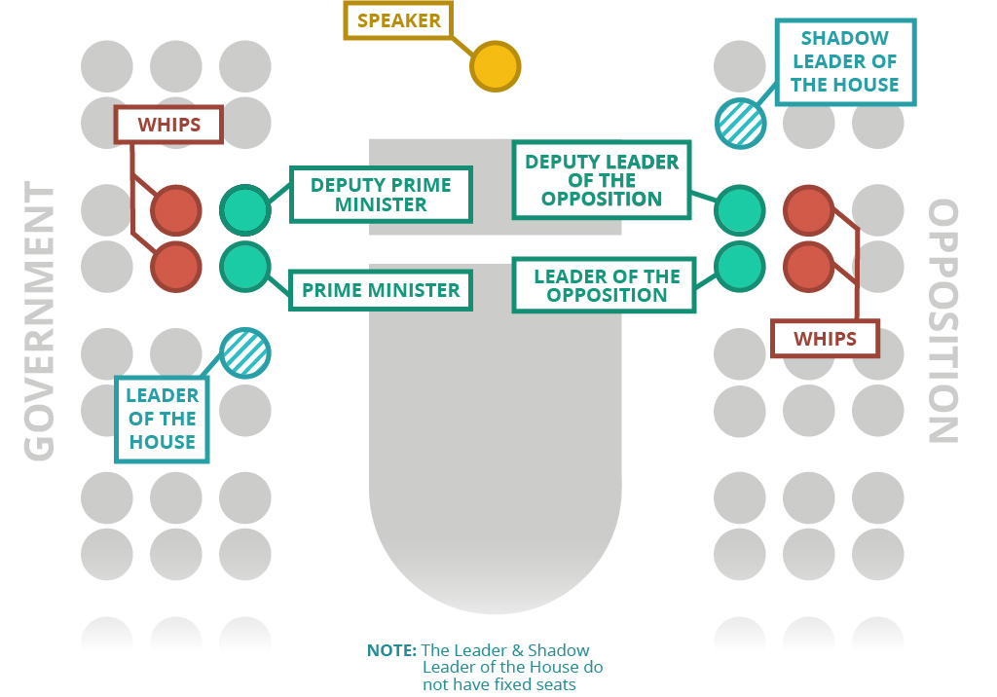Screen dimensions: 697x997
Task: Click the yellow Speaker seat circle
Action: point(496,67)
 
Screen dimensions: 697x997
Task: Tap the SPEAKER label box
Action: point(399,20)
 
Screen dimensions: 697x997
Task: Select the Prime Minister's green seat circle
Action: point(244,266)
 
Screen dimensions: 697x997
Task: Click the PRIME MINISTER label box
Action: point(381,290)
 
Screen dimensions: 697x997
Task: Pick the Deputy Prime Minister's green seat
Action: point(244,209)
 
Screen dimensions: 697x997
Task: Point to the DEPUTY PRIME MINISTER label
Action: point(381,195)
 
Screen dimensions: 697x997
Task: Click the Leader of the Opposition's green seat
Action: point(740,266)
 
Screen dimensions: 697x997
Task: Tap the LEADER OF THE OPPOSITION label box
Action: point(606,285)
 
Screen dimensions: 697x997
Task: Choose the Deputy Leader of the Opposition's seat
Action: point(740,209)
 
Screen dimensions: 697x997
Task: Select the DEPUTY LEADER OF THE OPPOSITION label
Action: point(602,180)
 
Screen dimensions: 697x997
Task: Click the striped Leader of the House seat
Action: point(245,352)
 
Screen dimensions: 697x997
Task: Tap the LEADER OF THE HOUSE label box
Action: point(162,420)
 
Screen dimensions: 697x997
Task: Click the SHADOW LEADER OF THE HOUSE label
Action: point(844,61)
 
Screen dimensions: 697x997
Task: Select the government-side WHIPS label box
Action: point(169,126)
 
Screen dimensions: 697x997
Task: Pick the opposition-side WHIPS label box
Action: point(825,339)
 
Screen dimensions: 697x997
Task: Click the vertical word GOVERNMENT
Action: point(39,321)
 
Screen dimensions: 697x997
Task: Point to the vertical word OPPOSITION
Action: point(942,321)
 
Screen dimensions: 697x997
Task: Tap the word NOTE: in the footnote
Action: point(391,650)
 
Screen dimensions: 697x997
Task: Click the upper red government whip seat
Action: point(176,209)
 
